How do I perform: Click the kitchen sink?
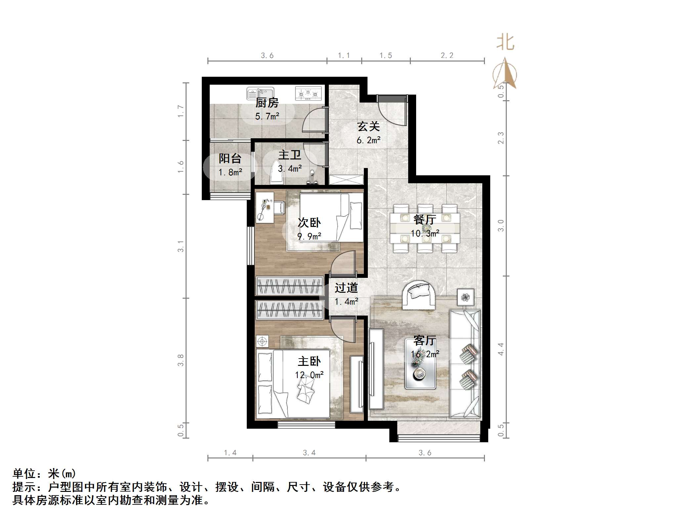pos(260,93)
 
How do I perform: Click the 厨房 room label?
pos(267,103)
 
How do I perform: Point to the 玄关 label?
pos(368,127)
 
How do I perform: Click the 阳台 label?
pos(230,158)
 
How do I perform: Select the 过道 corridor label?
pos(346,288)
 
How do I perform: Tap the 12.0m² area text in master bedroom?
pos(309,375)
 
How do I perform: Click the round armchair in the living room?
pos(419,294)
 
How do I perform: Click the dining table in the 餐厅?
pos(425,228)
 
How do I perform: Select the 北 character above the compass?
pos(505,43)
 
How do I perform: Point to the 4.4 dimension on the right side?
pos(501,349)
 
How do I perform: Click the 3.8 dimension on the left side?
pos(181,360)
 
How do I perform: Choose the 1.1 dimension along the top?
pos(344,56)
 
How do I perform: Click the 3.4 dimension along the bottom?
pos(309,453)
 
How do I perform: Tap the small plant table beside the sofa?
pos(465,297)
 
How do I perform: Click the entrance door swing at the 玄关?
pos(392,111)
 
